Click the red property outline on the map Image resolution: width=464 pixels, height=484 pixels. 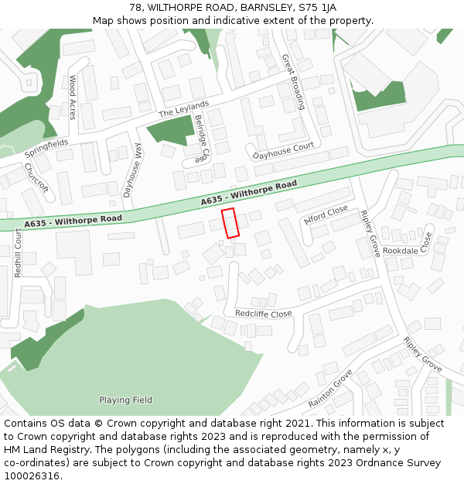[230, 222]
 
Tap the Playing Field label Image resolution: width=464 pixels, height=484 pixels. [125, 400]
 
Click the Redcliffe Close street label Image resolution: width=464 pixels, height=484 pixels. [263, 314]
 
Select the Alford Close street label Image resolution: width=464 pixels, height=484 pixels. [326, 215]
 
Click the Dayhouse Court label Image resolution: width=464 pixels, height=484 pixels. [283, 150]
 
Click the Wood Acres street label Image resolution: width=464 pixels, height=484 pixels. [73, 97]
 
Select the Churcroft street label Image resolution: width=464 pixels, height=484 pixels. [36, 177]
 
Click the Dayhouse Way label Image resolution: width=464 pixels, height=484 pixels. [132, 171]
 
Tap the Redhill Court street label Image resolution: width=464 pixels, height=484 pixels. [18, 253]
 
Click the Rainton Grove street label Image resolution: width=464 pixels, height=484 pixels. [330, 390]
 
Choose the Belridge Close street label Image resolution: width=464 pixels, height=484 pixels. [201, 139]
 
